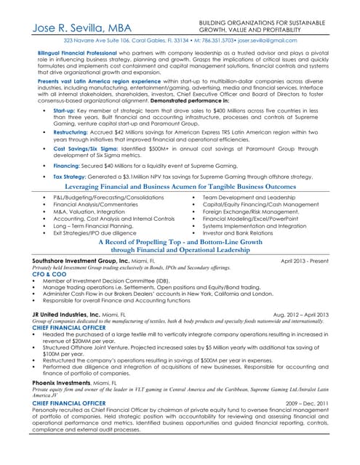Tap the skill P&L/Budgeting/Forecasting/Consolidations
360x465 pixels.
click(108, 197)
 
